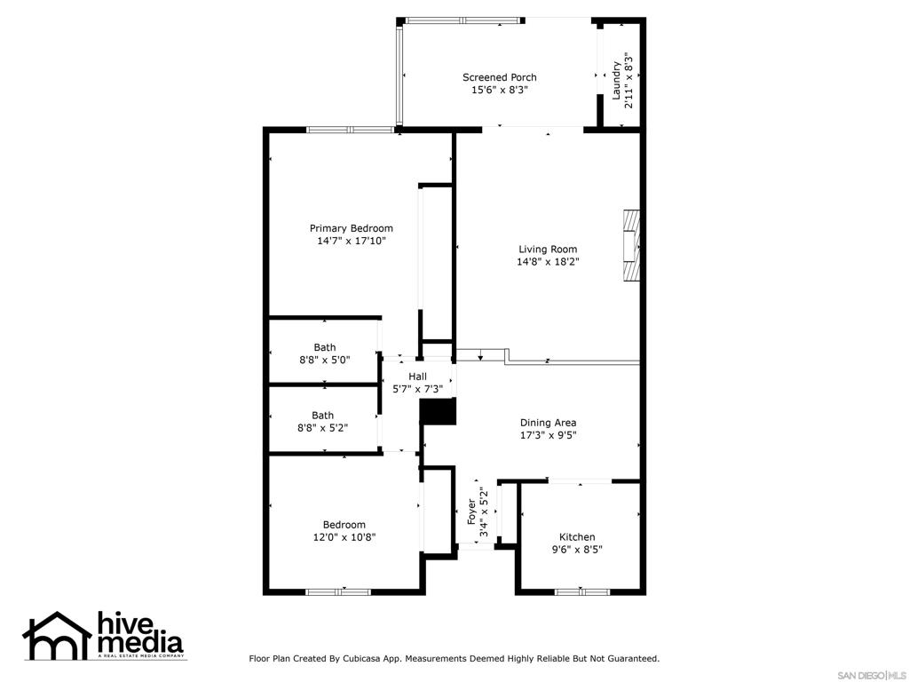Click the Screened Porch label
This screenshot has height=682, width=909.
(x=499, y=77)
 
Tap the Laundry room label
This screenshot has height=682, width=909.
(x=617, y=81)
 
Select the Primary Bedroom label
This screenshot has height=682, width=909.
(x=352, y=228)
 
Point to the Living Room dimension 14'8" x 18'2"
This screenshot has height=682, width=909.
(x=548, y=262)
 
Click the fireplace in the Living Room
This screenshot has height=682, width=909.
(x=631, y=245)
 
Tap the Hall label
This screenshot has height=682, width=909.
(x=417, y=377)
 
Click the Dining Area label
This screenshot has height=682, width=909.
(x=548, y=423)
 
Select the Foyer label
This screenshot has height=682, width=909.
(x=472, y=511)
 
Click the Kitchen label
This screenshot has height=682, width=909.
(x=577, y=537)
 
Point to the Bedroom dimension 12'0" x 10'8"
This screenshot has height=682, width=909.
(x=344, y=537)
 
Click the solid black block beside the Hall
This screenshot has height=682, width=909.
(x=439, y=412)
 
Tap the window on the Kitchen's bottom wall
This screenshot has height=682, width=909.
(x=582, y=592)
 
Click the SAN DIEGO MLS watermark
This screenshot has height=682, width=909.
(x=872, y=676)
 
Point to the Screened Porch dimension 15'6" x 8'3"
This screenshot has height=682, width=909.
(x=499, y=90)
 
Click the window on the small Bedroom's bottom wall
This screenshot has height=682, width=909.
(x=338, y=592)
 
